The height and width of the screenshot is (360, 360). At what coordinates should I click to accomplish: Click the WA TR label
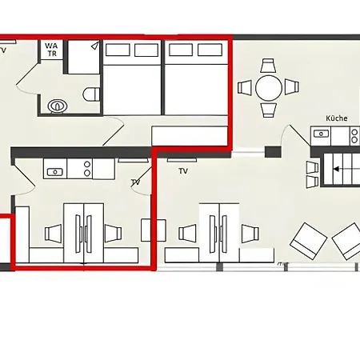click(x=51, y=50)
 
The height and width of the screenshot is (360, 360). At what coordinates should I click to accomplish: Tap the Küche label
click(x=337, y=118)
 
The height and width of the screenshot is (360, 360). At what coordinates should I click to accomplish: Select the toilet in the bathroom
click(x=91, y=94)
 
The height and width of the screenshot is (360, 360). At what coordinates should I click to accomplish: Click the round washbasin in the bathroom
click(x=57, y=106)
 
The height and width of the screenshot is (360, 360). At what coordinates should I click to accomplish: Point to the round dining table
click(x=269, y=88)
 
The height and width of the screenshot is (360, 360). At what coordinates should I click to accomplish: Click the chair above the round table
click(x=269, y=66)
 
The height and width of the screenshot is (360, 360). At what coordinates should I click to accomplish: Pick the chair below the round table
click(x=269, y=110)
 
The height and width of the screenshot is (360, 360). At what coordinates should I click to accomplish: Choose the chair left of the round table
click(x=245, y=87)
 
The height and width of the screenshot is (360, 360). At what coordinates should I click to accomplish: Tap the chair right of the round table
click(x=292, y=86)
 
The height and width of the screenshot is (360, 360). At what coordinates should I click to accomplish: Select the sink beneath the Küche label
click(x=321, y=134)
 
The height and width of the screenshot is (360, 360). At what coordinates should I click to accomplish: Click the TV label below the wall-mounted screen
click(x=183, y=171)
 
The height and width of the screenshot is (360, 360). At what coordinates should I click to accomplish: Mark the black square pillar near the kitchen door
click(x=273, y=152)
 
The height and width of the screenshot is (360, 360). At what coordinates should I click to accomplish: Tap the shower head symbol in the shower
click(x=95, y=46)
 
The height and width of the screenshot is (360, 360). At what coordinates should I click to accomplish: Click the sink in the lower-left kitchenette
click(x=55, y=172)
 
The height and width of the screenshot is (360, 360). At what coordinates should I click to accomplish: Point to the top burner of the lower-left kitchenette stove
click(x=87, y=164)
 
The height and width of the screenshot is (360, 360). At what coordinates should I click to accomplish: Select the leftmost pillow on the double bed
click(x=118, y=50)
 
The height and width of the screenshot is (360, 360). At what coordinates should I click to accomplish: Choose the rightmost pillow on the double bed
click(x=210, y=50)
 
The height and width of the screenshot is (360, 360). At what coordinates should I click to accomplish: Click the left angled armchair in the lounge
click(x=309, y=241)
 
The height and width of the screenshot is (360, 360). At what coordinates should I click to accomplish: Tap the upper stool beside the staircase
click(x=312, y=167)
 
